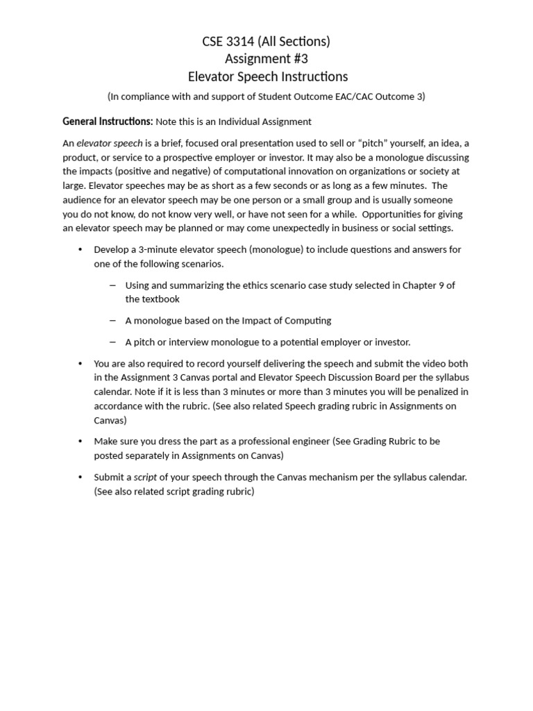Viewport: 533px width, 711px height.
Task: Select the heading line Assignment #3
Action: click(266, 59)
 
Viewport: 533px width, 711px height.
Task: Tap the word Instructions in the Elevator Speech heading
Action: click(310, 76)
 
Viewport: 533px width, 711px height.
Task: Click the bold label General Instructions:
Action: click(108, 122)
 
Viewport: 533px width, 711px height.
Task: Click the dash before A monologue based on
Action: click(113, 320)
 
